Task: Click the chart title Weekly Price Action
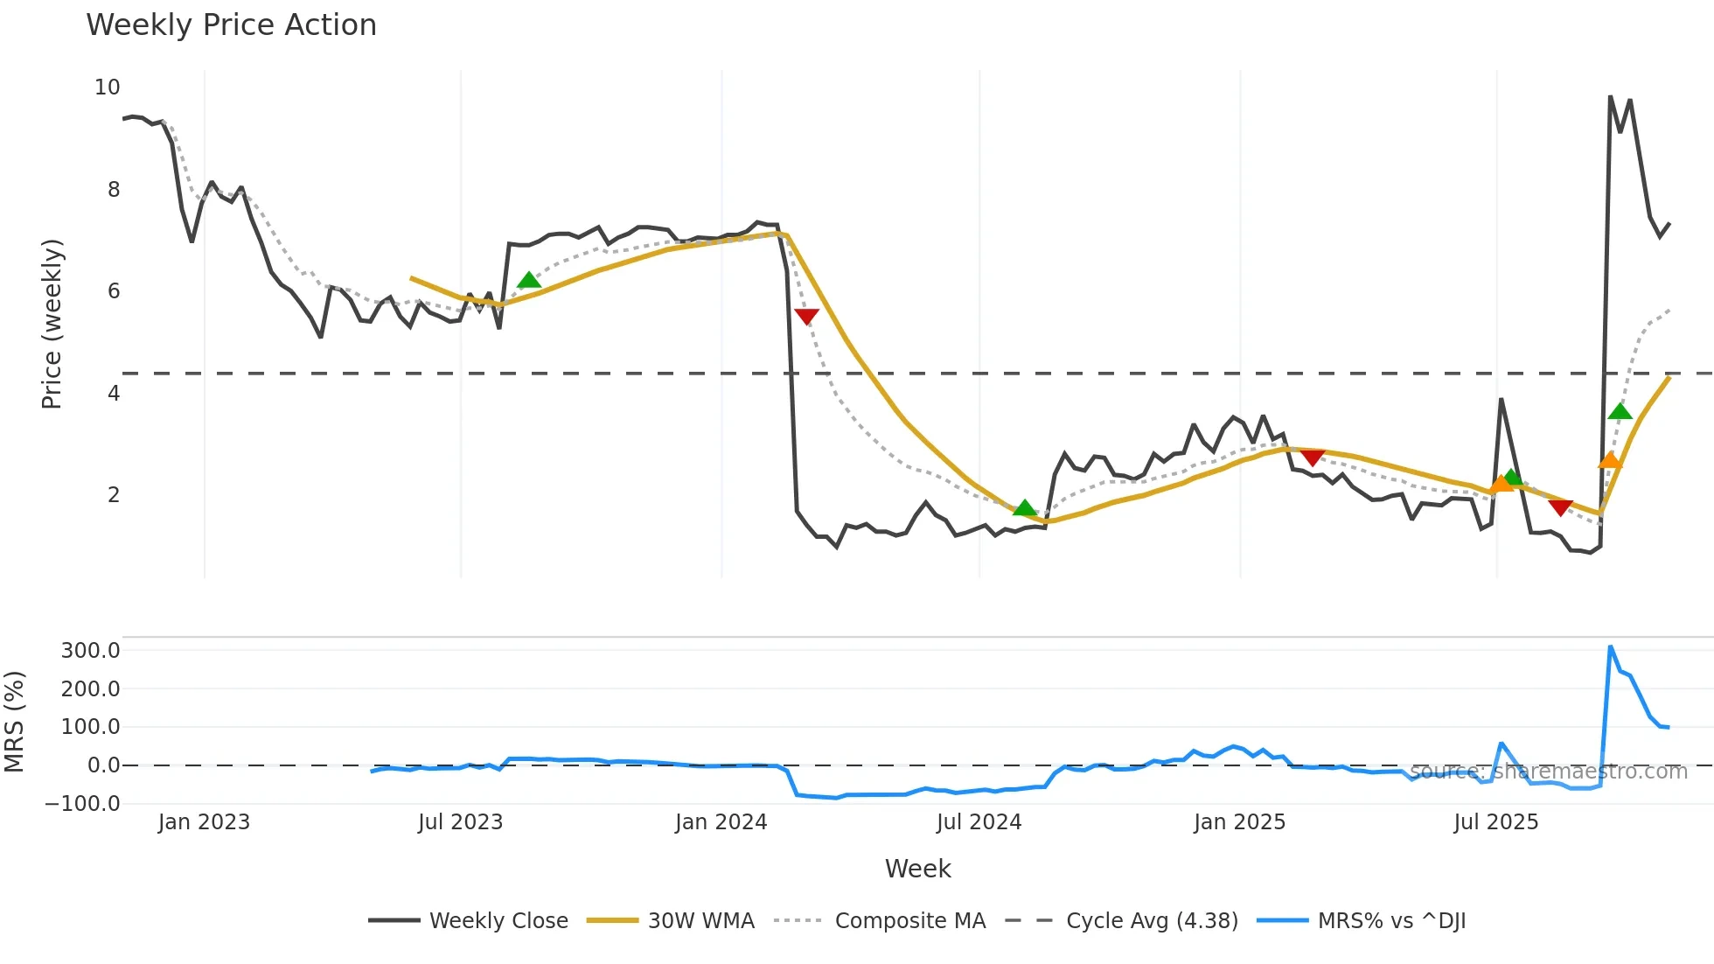[x=231, y=25]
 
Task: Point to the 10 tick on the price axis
[x=107, y=87]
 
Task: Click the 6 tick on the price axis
[x=114, y=291]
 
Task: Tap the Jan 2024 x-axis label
[x=721, y=822]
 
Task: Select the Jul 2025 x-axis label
[x=1495, y=822]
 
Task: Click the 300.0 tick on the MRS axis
[x=90, y=650]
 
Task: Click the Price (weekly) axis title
[x=52, y=324]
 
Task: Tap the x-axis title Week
[x=917, y=869]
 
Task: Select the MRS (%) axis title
[x=14, y=722]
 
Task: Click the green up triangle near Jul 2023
[x=528, y=280]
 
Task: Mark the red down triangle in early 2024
[x=806, y=316]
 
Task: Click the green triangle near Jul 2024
[x=1024, y=507]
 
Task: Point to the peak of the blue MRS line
[x=1610, y=646]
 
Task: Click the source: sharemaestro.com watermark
[x=1548, y=772]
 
